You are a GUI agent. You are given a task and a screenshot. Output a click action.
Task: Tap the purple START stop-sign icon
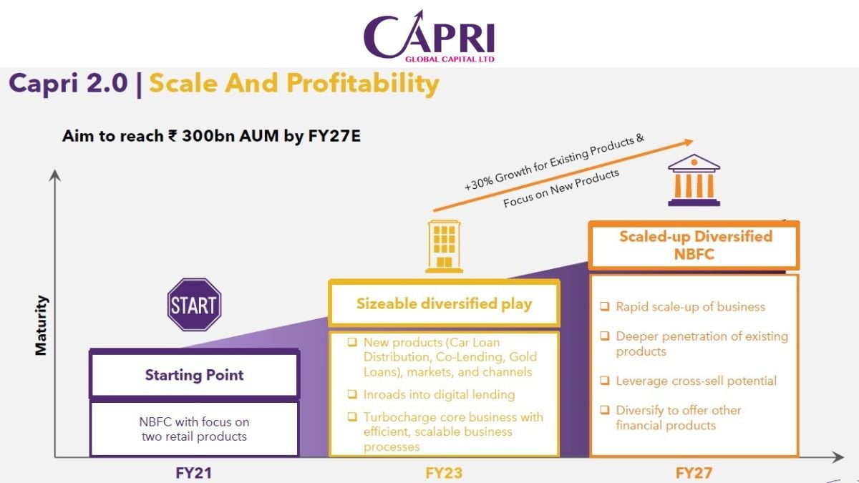pos(193,305)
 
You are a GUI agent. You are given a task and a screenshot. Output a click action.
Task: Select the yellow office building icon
pos(444,246)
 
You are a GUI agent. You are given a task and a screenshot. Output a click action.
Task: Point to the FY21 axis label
pos(194,472)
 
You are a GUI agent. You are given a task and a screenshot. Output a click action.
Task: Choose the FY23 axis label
pos(444,472)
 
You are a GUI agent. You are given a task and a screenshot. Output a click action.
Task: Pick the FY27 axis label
pos(694,472)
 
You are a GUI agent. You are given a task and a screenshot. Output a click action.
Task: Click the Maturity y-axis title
pos(42,325)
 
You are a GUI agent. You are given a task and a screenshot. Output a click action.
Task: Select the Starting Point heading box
pos(194,375)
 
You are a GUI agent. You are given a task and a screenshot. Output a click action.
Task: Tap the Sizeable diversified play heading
pos(444,303)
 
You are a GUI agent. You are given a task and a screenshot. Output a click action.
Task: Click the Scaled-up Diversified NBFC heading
pos(694,245)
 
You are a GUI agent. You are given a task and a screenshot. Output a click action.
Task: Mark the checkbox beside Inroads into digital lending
pos(352,394)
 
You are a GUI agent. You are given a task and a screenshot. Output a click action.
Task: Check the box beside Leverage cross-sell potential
pos(605,381)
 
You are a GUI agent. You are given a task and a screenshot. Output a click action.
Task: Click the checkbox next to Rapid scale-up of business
pos(605,306)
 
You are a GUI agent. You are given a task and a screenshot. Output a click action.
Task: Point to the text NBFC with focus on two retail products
pos(194,429)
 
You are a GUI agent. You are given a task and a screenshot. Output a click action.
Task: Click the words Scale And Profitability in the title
pos(293,84)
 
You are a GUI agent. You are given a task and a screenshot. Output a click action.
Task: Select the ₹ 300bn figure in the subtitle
pos(204,136)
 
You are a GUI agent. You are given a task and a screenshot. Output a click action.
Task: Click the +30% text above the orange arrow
pos(479,182)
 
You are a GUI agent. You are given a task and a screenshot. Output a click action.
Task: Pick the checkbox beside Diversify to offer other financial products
pos(605,410)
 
